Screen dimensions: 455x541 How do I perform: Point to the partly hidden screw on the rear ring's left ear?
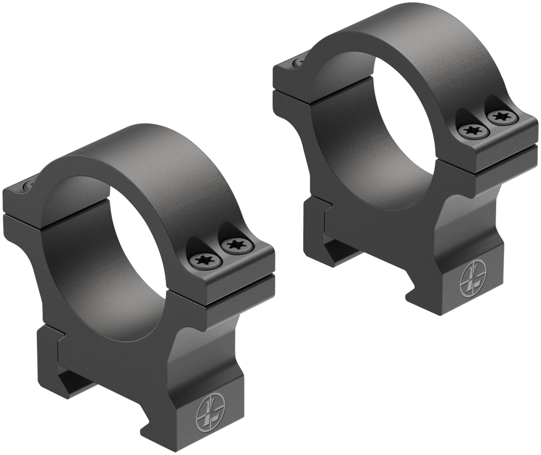(x=296, y=62)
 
